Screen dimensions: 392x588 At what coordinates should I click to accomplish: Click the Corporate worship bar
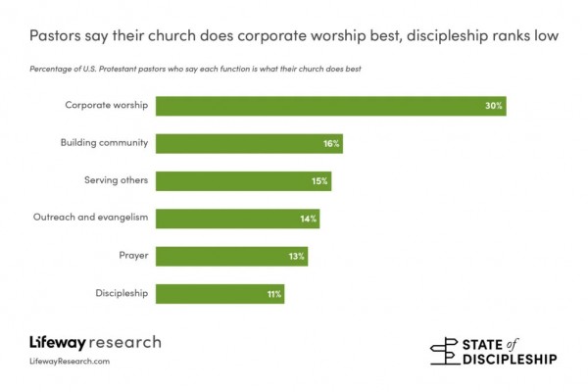click(330, 106)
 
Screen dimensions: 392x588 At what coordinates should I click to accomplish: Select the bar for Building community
click(249, 143)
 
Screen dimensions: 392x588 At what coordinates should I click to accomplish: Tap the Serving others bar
click(243, 181)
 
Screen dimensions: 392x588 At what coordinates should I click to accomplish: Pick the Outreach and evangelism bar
click(237, 219)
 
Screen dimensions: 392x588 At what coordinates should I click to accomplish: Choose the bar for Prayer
click(232, 256)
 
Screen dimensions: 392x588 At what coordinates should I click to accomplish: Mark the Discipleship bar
click(220, 293)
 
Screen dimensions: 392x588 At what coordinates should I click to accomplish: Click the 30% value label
click(493, 106)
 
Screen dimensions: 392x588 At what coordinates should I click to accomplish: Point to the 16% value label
click(330, 144)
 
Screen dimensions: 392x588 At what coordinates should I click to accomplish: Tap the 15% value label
click(319, 181)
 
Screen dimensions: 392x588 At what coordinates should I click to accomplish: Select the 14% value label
click(308, 219)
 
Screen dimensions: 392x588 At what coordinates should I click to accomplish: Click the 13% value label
click(297, 256)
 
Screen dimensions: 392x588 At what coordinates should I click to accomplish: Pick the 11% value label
click(273, 293)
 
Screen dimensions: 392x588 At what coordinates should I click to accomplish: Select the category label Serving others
click(115, 180)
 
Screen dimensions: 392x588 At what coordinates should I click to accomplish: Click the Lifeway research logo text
click(95, 343)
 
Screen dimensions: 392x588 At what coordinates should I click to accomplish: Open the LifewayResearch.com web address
click(70, 362)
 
